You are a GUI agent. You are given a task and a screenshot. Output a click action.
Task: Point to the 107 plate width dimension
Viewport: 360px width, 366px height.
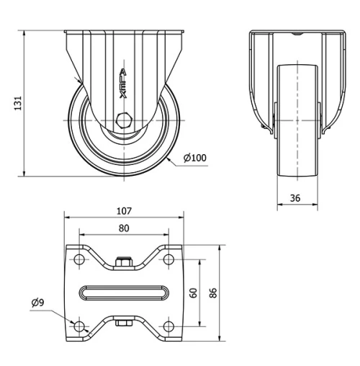(x=123, y=211)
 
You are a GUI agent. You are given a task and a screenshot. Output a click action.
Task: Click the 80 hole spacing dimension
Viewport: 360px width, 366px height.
(x=123, y=228)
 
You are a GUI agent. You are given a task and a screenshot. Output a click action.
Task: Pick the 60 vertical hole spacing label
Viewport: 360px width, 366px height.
(x=192, y=293)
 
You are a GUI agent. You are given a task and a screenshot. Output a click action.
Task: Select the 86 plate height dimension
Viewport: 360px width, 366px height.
(x=212, y=293)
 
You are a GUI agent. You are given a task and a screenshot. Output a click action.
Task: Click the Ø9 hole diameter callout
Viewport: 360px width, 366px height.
(x=38, y=303)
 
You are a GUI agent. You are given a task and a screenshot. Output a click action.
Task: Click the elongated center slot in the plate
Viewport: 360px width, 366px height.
(x=123, y=293)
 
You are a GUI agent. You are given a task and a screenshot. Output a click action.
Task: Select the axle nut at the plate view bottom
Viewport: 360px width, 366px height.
(x=123, y=324)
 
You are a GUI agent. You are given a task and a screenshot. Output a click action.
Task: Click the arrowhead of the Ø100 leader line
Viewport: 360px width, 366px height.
(x=167, y=159)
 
